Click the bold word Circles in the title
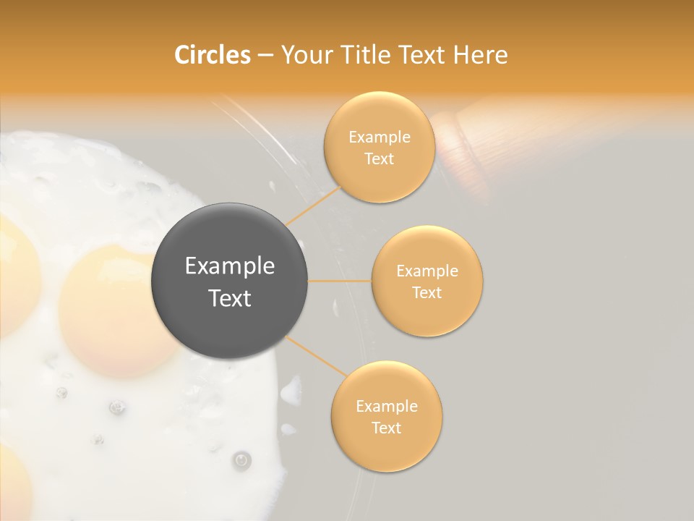tap(212, 55)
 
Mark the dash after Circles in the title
tap(265, 56)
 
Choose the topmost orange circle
tap(379, 147)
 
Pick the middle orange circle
tap(427, 281)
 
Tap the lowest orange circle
tap(386, 416)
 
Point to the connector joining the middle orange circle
tap(340, 281)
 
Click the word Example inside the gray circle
tap(229, 266)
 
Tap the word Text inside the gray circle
tap(229, 298)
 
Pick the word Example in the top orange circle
tap(379, 137)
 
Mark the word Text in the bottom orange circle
tap(386, 428)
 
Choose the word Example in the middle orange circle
tap(427, 271)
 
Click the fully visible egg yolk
tap(116, 311)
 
